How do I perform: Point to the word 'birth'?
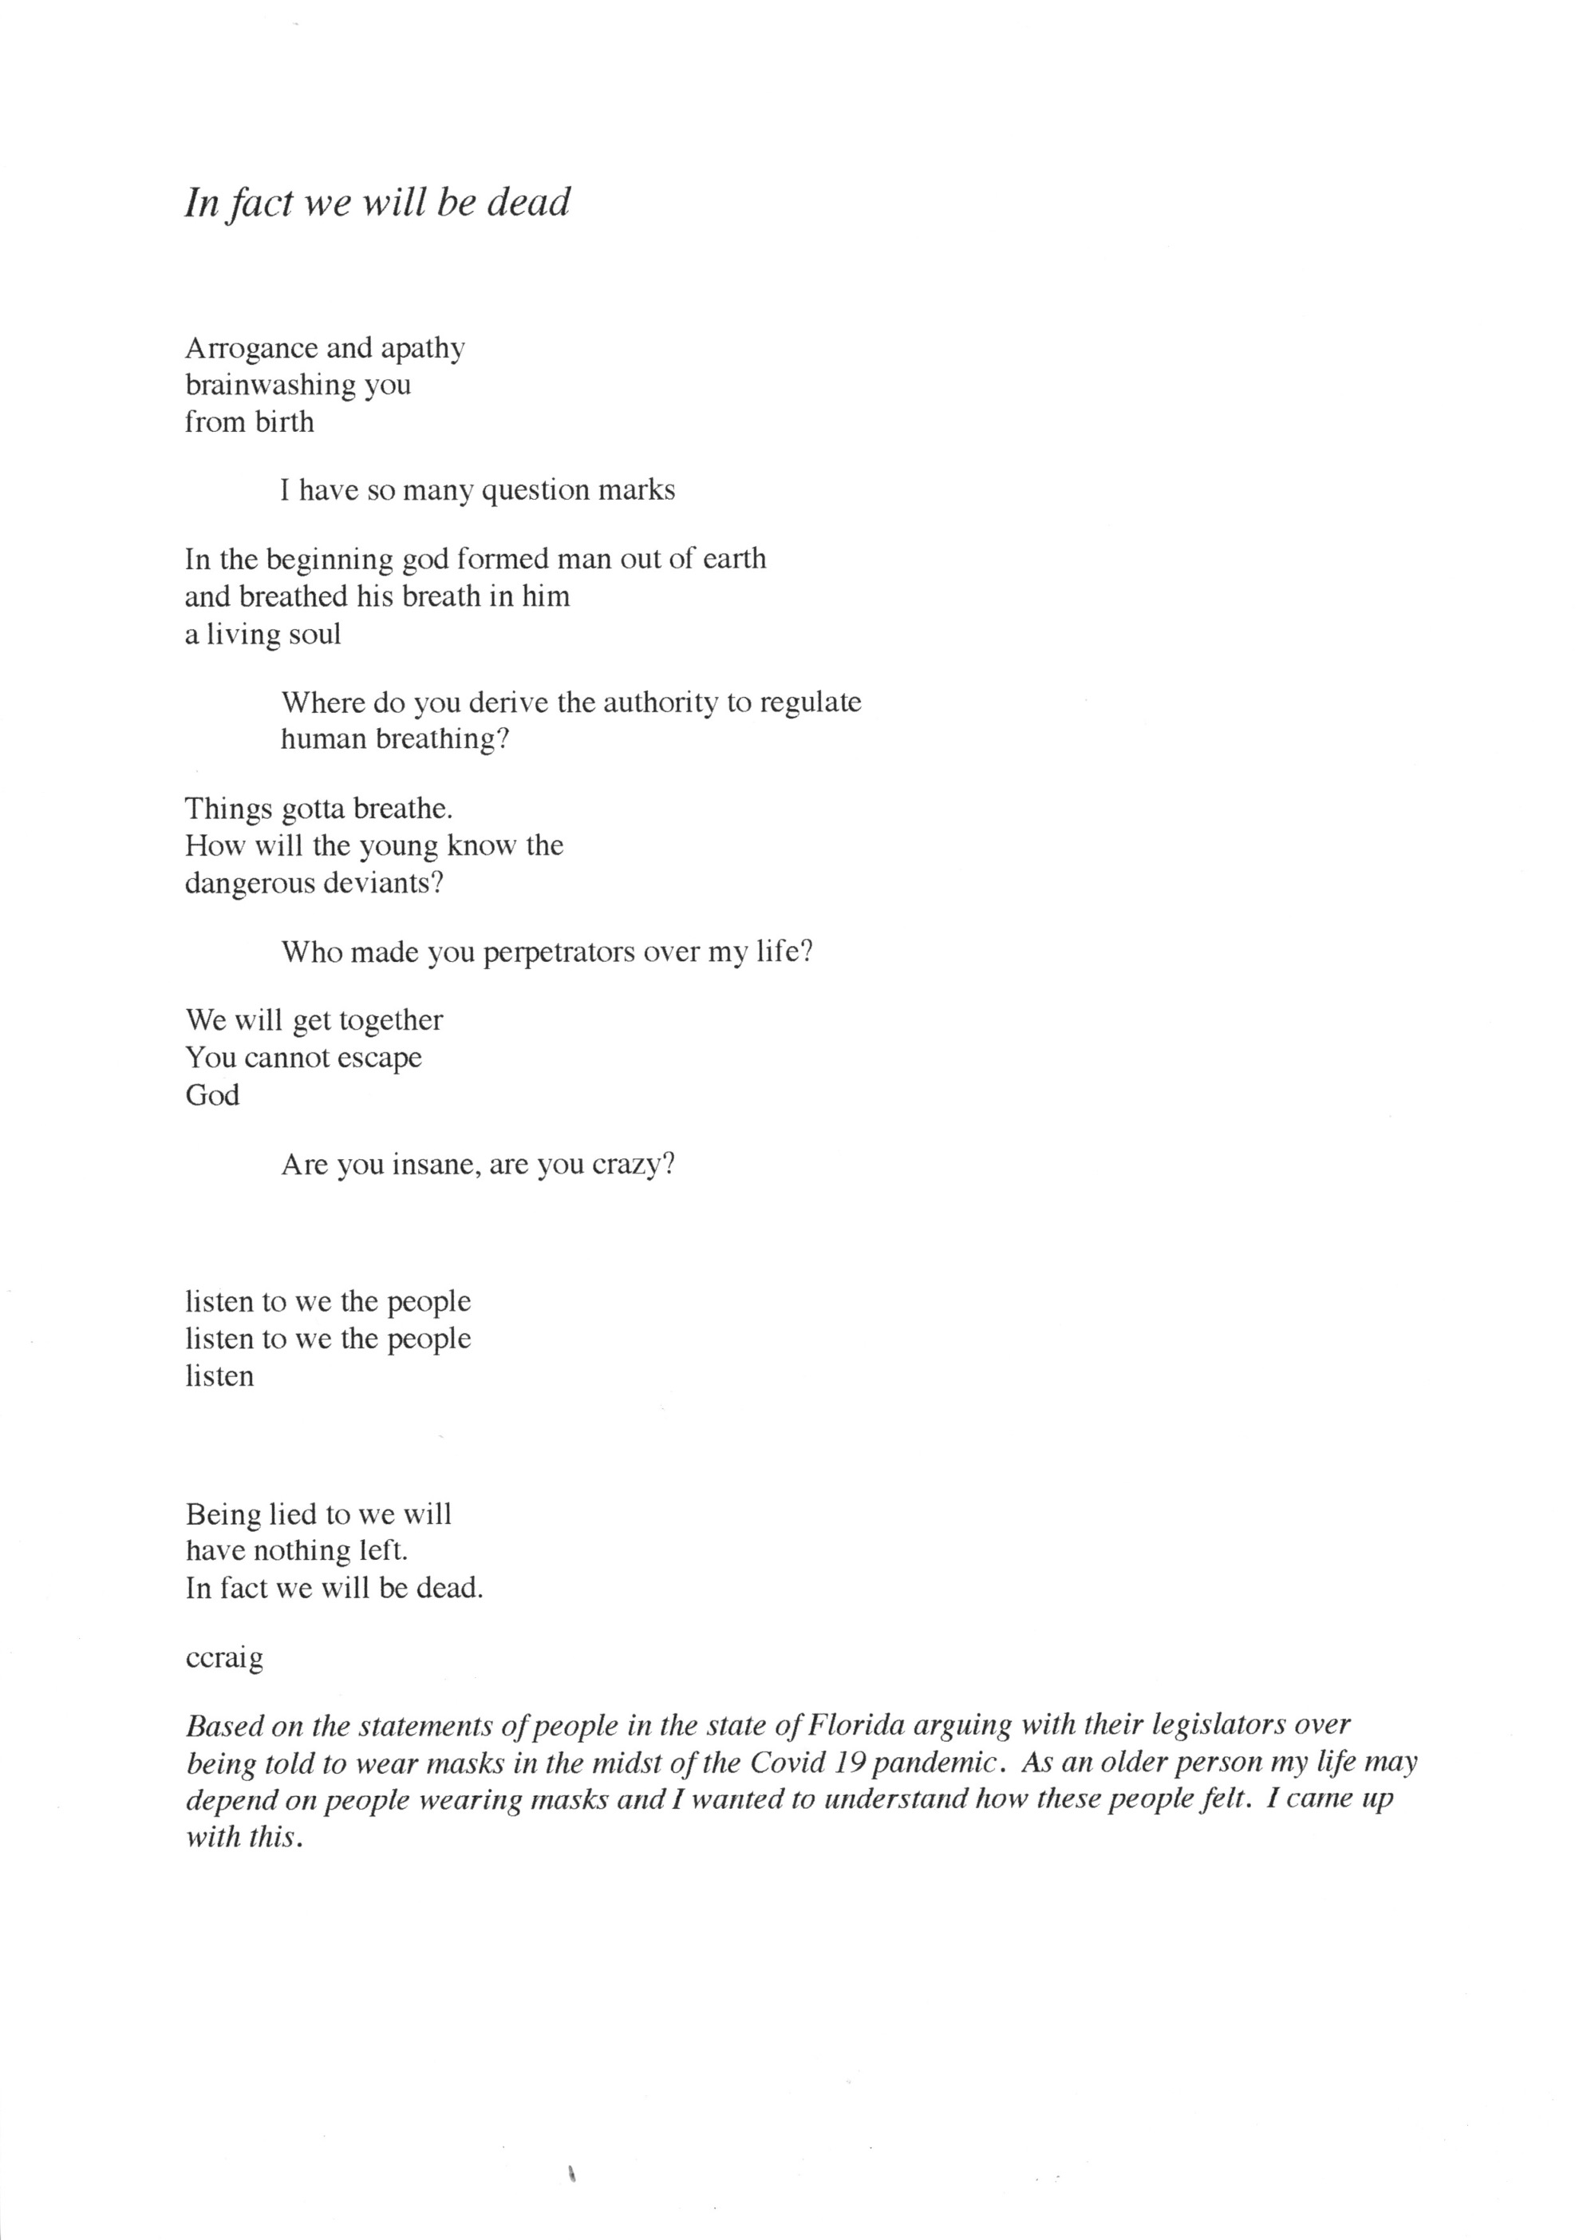click(284, 422)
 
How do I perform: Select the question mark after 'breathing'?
click(503, 738)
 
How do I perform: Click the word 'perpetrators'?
click(558, 952)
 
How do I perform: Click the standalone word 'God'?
click(211, 1094)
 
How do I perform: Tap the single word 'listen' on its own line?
click(219, 1375)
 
